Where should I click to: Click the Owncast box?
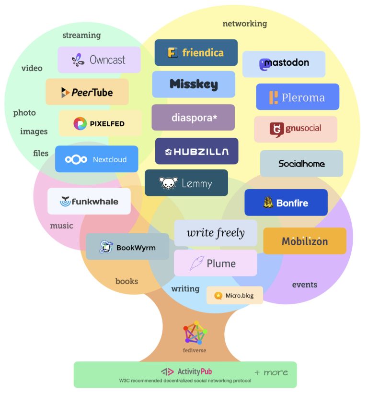pyautogui.click(x=99, y=60)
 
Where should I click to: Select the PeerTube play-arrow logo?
pyautogui.click(x=65, y=93)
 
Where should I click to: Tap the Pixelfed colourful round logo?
pyautogui.click(x=80, y=124)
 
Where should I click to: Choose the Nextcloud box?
pyautogui.click(x=96, y=159)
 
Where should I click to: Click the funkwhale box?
pyautogui.click(x=89, y=202)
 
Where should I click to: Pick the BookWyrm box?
pyautogui.click(x=127, y=247)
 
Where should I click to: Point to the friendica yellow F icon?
pyautogui.click(x=173, y=53)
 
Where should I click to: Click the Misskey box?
pyautogui.click(x=194, y=84)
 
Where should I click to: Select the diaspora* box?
pyautogui.click(x=193, y=117)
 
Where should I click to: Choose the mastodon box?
pyautogui.click(x=284, y=64)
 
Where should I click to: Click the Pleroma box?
pyautogui.click(x=297, y=97)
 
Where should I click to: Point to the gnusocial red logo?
pyautogui.click(x=276, y=129)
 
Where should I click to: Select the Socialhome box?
pyautogui.click(x=301, y=164)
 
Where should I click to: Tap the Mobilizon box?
pyautogui.click(x=305, y=241)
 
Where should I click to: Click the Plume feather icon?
pyautogui.click(x=196, y=263)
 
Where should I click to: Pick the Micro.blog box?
pyautogui.click(x=235, y=295)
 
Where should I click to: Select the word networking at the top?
pyautogui.click(x=244, y=24)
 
